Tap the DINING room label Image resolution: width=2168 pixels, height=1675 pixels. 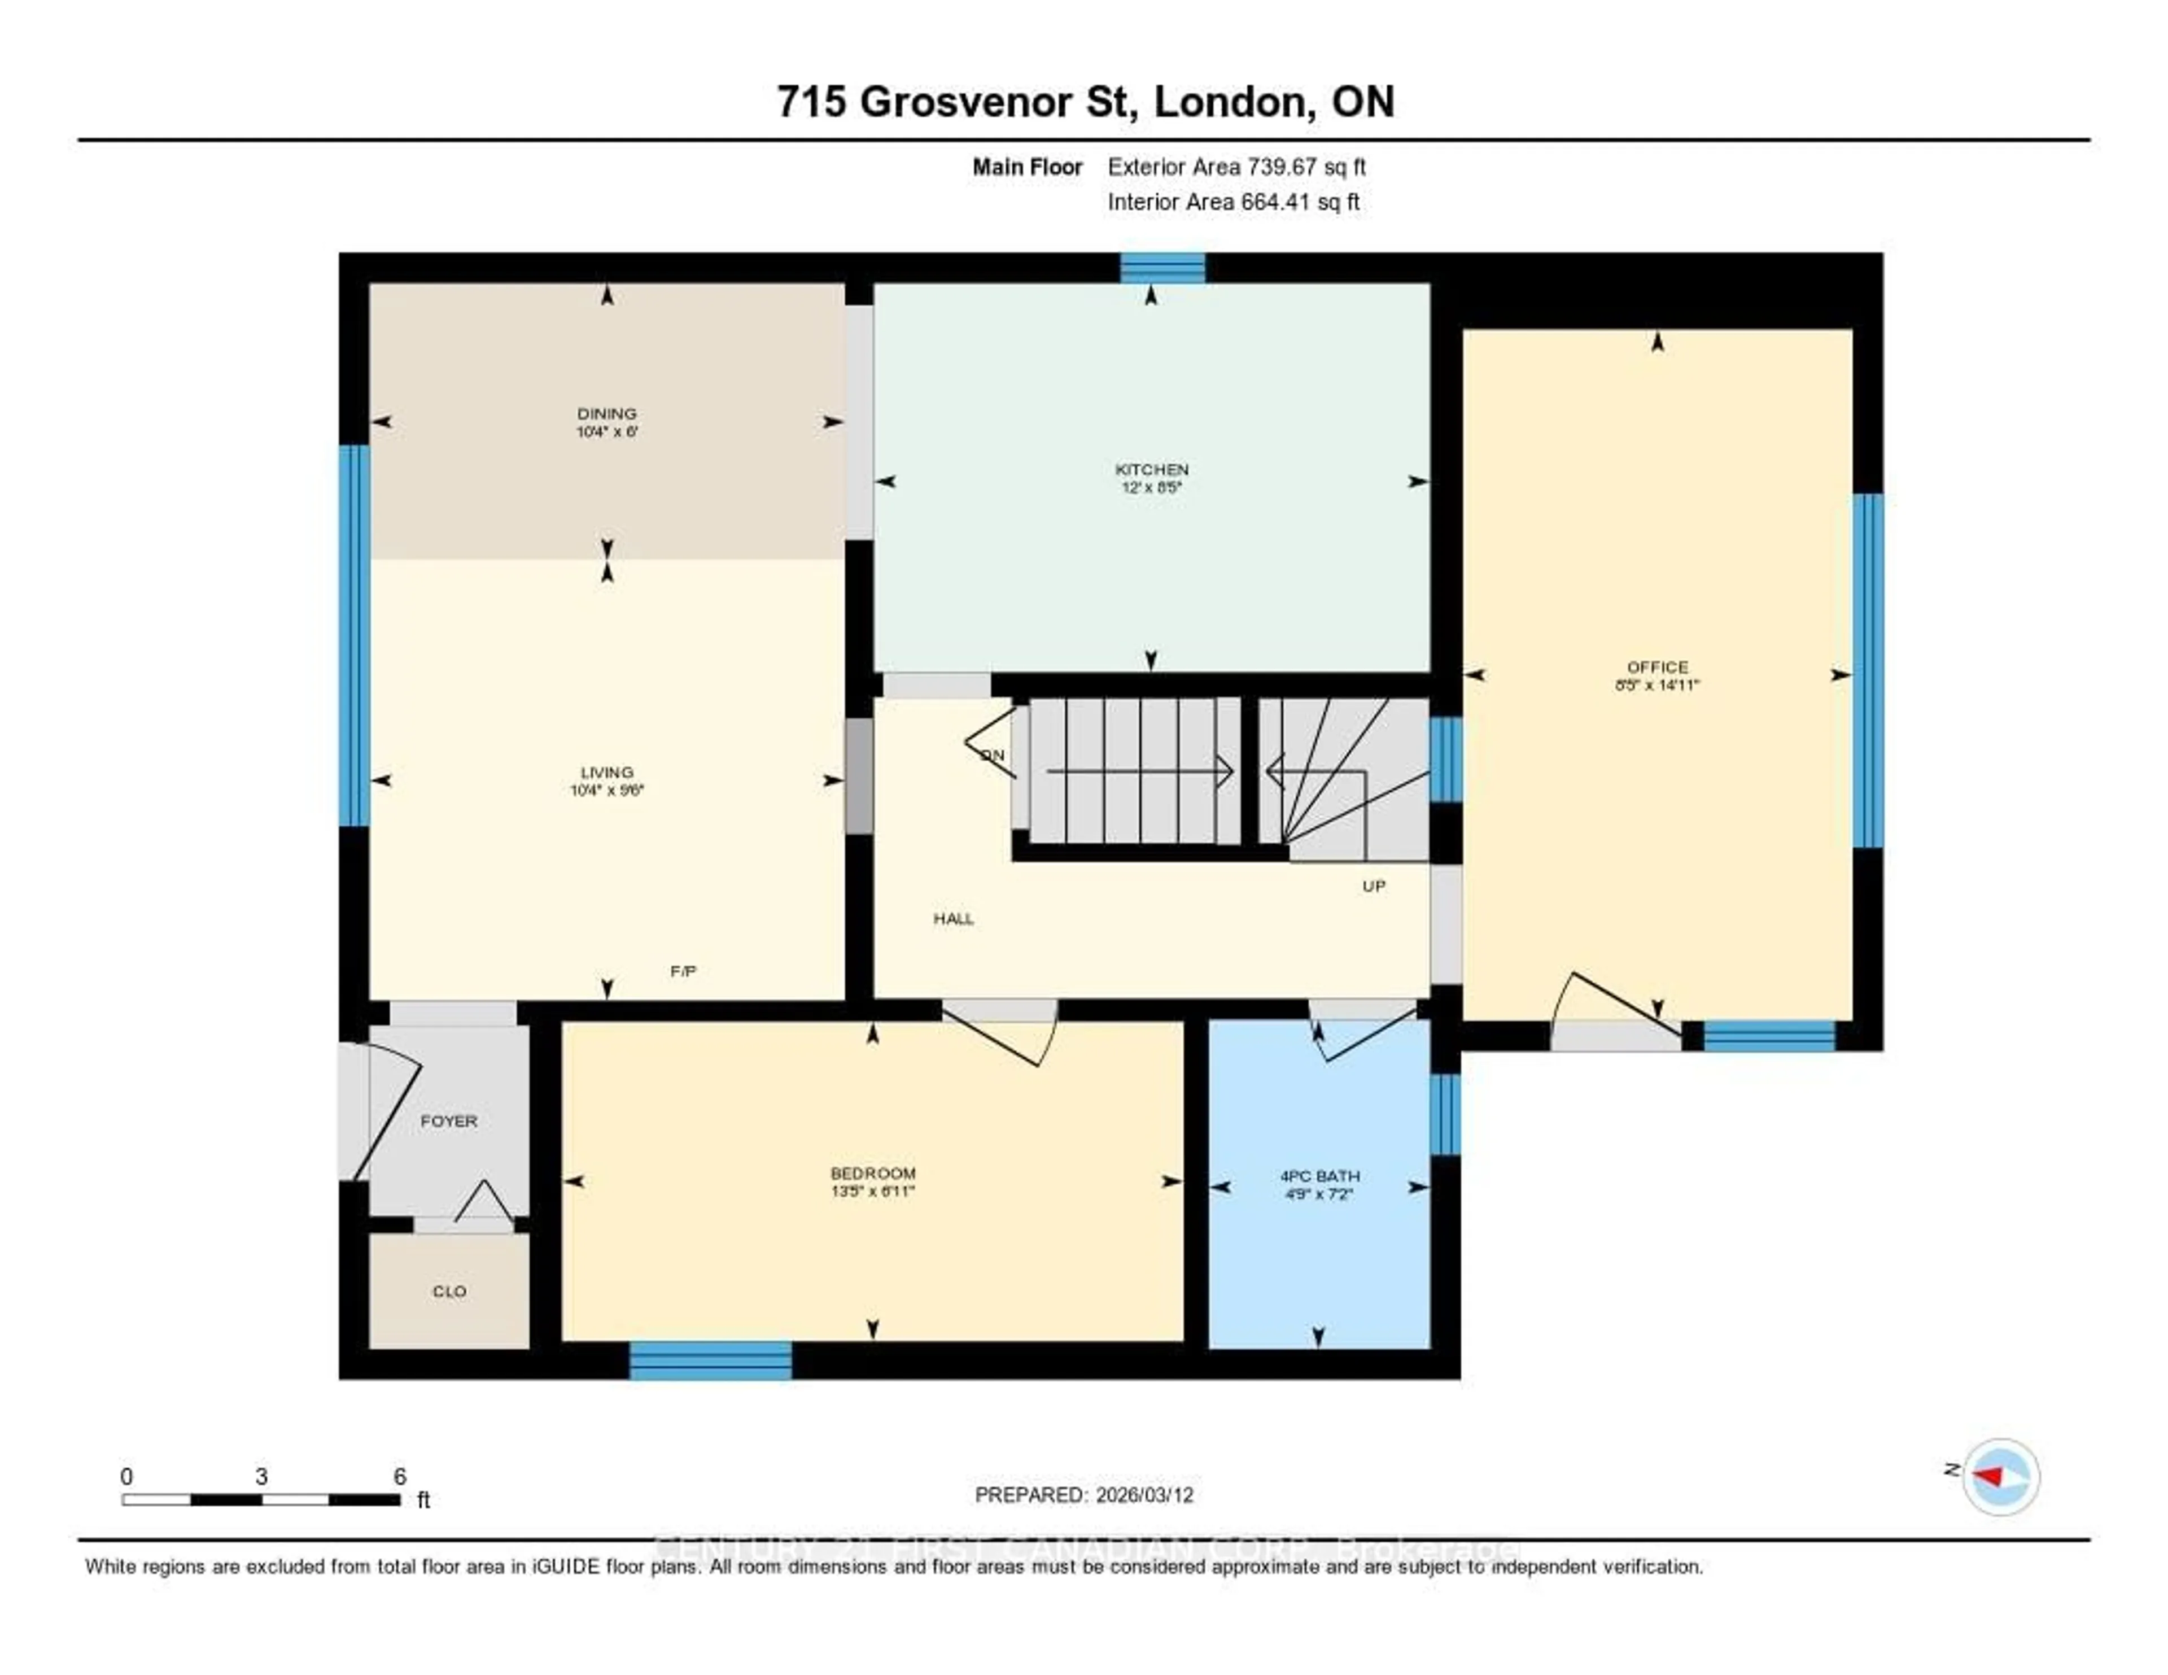click(x=606, y=413)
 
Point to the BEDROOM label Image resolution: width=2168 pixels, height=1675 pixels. click(x=872, y=1172)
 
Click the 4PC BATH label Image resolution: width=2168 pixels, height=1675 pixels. click(x=1319, y=1176)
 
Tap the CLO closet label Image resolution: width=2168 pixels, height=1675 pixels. click(x=449, y=1291)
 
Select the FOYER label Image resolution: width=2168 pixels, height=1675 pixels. click(x=449, y=1121)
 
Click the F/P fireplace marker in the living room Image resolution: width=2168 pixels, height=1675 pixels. click(x=683, y=971)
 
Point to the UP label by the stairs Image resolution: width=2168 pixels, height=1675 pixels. click(x=1374, y=886)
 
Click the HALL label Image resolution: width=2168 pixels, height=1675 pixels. click(x=953, y=918)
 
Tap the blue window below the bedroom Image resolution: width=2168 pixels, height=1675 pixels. click(x=711, y=1360)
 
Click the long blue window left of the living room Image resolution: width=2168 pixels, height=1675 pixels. click(x=355, y=635)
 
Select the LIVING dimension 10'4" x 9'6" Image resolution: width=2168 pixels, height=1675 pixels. click(x=606, y=790)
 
